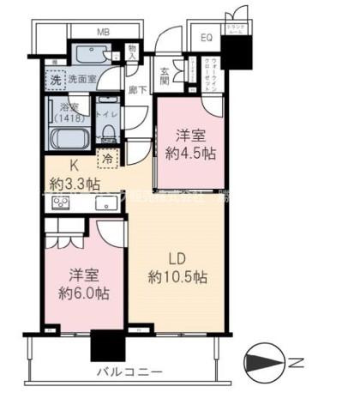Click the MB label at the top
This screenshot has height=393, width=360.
pyautogui.click(x=102, y=33)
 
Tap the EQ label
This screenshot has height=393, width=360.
pyautogui.click(x=207, y=38)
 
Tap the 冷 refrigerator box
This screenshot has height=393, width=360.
pyautogui.click(x=108, y=157)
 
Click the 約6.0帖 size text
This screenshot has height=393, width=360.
pyautogui.click(x=83, y=293)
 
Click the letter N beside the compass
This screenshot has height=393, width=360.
pyautogui.click(x=295, y=362)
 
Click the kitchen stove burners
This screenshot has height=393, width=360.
pyautogui.click(x=62, y=203)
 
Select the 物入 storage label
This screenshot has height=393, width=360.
pyautogui.click(x=134, y=53)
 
